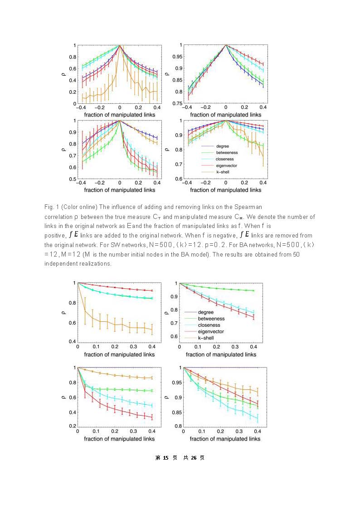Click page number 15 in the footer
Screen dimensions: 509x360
(165, 458)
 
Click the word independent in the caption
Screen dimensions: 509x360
(59, 263)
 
